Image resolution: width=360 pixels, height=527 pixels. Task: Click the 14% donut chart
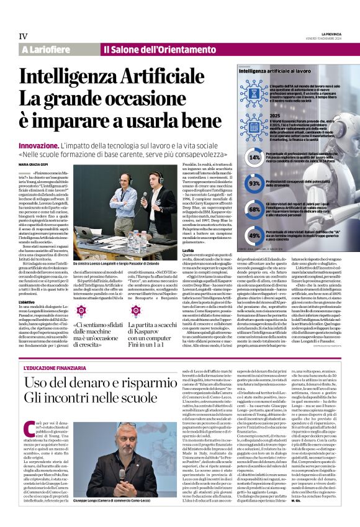pos(254,158)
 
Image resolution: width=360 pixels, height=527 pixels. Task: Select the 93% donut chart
pos(254,184)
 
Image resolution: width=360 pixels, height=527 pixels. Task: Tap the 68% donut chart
pos(254,209)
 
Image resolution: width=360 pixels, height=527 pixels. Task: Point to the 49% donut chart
pos(254,235)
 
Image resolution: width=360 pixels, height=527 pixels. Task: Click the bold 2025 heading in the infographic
pos(274,116)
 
